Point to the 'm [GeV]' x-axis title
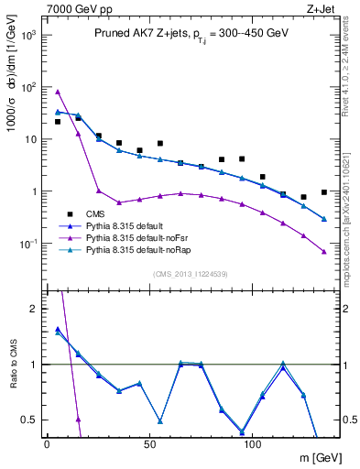point(314,459)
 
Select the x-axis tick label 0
point(48,444)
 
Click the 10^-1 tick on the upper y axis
point(27,244)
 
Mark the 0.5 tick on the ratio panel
point(29,420)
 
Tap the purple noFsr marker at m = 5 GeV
point(58,92)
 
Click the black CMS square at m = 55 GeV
point(160,144)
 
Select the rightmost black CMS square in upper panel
point(324,192)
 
